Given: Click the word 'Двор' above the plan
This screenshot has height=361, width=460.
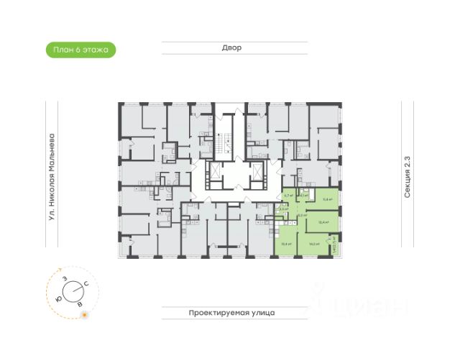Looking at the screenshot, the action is coord(232,47).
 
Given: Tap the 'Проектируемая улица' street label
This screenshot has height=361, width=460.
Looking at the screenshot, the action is coord(232,314).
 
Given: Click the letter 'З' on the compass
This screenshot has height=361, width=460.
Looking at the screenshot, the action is coord(65,278).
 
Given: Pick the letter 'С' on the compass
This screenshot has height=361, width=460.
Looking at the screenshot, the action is coord(86,286).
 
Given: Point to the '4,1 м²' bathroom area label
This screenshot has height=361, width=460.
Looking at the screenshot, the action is coord(305,195).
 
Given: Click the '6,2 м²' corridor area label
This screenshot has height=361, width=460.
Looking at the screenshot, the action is coord(303,214).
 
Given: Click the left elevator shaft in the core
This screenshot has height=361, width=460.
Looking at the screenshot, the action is coord(212,175).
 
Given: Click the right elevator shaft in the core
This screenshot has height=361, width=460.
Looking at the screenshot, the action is coord(254,175).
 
